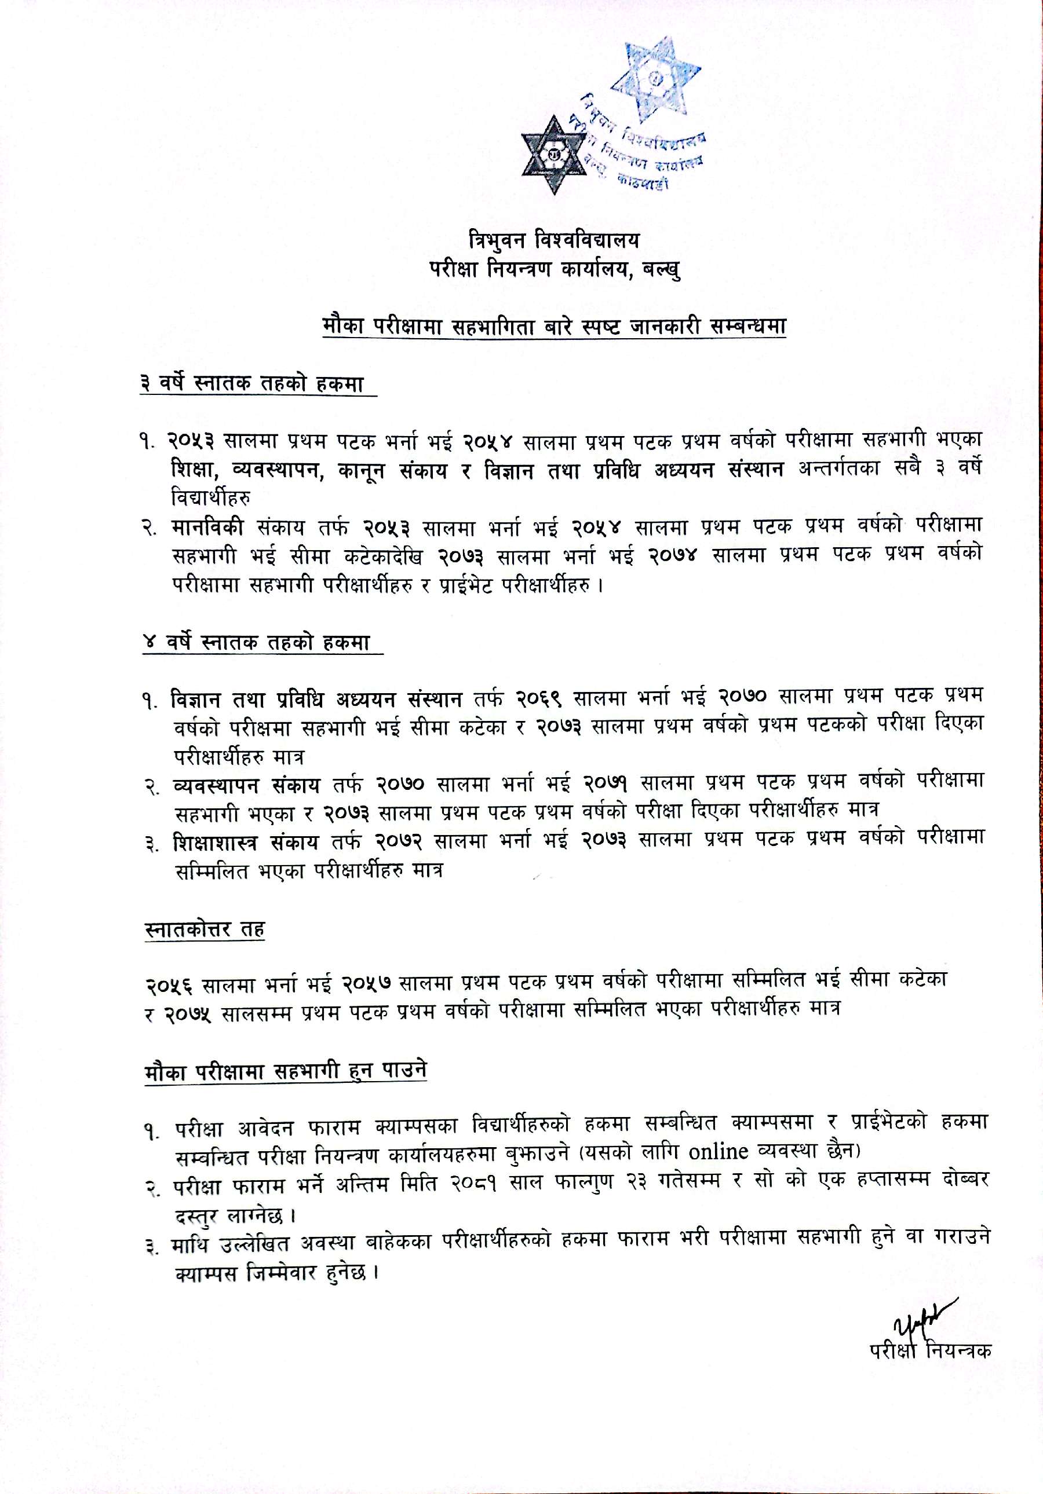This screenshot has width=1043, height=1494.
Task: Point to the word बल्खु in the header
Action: [662, 268]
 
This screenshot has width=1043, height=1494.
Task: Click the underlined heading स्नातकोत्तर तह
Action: [204, 929]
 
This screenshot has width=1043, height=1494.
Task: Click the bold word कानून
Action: [359, 470]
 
